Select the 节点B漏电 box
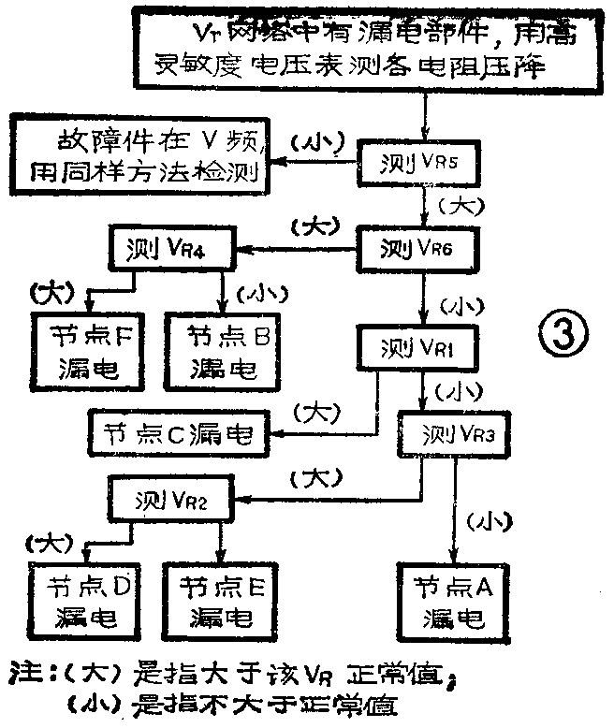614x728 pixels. click(x=222, y=349)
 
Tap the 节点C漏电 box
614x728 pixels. click(x=179, y=433)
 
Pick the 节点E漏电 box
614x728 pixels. click(x=221, y=598)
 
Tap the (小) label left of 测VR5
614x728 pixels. click(x=316, y=143)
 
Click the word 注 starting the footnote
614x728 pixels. click(x=22, y=673)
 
